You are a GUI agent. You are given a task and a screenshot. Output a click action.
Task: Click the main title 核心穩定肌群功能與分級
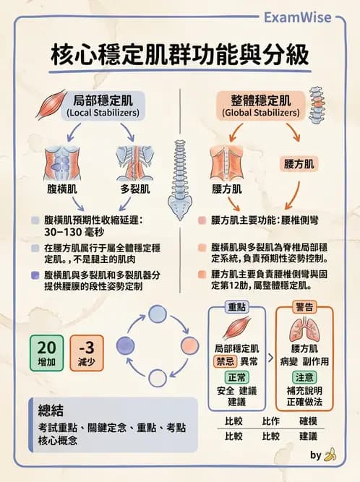pyautogui.click(x=180, y=55)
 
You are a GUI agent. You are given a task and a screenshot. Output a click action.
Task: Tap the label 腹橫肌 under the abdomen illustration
pyautogui.click(x=57, y=190)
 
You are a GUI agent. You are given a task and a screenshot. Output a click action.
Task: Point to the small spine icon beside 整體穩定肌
pyautogui.click(x=317, y=102)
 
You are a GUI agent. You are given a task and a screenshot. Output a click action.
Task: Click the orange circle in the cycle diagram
pyautogui.click(x=189, y=344)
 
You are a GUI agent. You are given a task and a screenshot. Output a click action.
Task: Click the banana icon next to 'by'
pyautogui.click(x=330, y=455)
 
